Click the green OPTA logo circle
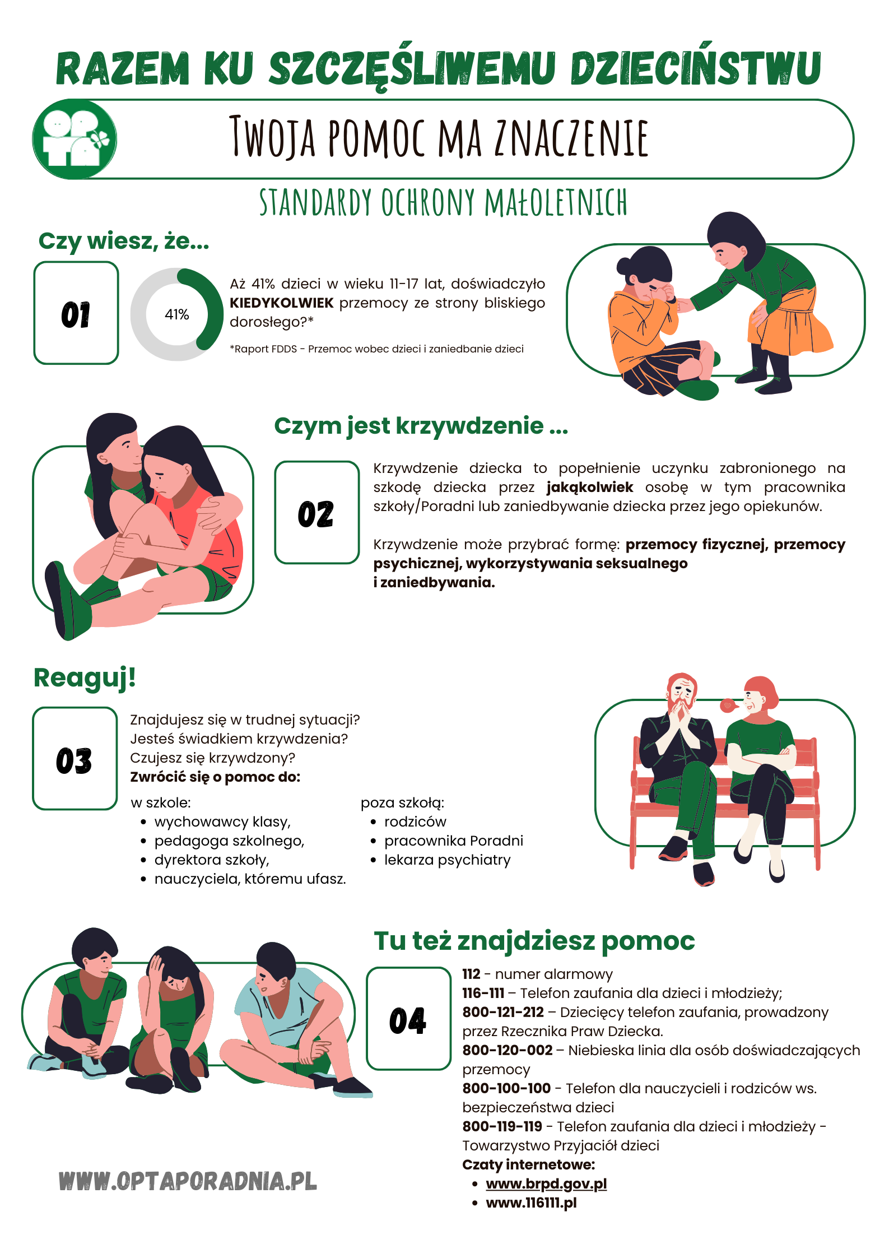click(x=75, y=139)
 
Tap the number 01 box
click(x=76, y=313)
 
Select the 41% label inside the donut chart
click(x=176, y=314)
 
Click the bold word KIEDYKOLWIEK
click(x=281, y=303)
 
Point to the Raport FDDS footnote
click(x=376, y=349)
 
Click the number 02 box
click(x=316, y=513)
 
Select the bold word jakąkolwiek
click(x=589, y=488)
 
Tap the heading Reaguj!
click(x=85, y=677)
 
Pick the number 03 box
click(x=75, y=759)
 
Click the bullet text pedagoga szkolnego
click(x=229, y=841)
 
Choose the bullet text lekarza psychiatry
click(x=447, y=860)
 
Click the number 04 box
click(x=408, y=1019)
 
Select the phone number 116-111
click(x=483, y=994)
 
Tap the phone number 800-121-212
click(x=503, y=1013)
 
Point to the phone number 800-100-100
click(x=506, y=1089)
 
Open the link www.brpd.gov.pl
click(x=546, y=1184)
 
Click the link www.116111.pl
click(x=531, y=1203)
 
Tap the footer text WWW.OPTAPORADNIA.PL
click(x=188, y=1181)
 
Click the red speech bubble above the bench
click(x=728, y=705)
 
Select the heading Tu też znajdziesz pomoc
click(x=534, y=941)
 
